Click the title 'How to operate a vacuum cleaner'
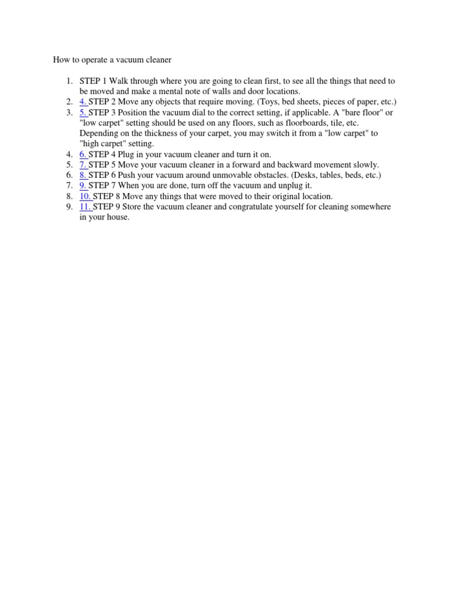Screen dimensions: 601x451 112,60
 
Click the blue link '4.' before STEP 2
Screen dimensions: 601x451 83,102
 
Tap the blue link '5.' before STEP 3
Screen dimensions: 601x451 83,112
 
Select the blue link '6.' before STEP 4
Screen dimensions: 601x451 83,154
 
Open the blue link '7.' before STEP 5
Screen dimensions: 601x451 83,165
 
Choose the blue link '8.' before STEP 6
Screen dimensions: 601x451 83,175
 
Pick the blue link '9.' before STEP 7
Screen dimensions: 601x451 83,185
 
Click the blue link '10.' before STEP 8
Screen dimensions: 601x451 85,196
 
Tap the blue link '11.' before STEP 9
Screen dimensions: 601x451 85,207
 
